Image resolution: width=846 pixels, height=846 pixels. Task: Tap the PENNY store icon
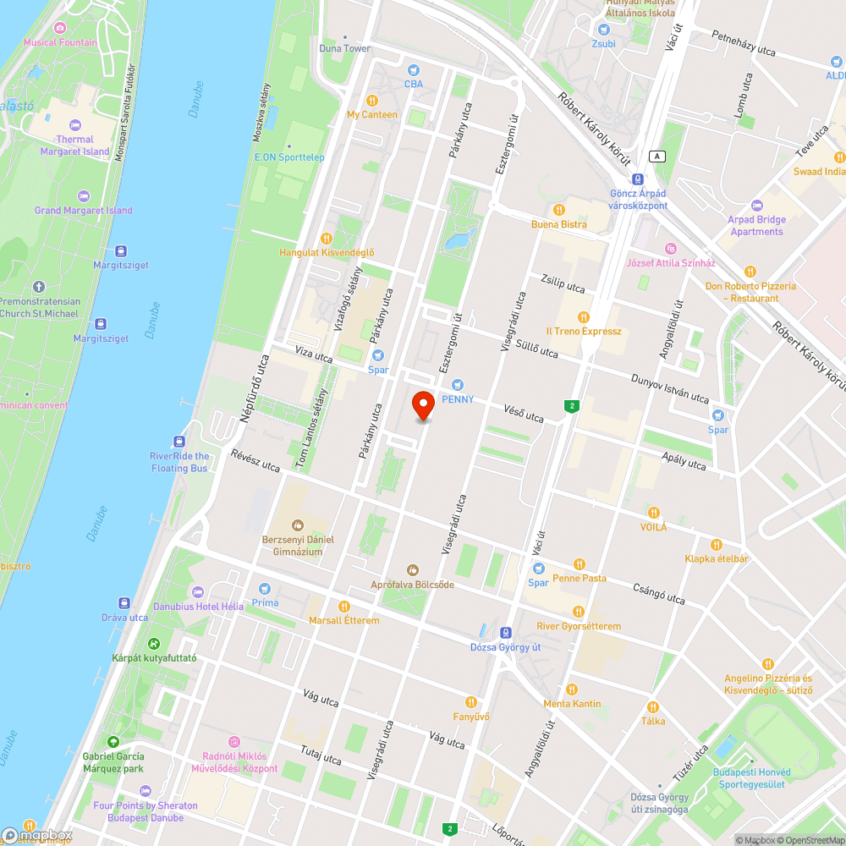click(x=458, y=385)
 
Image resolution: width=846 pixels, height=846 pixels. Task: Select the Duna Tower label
click(x=345, y=48)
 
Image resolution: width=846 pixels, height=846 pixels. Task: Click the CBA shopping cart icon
click(x=413, y=70)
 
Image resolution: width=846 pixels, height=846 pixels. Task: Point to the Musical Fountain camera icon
click(x=59, y=28)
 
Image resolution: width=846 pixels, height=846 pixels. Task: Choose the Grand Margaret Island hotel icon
click(x=83, y=196)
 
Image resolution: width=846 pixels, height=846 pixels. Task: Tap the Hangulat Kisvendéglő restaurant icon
click(x=327, y=239)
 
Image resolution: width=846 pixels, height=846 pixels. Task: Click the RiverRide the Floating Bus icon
click(x=179, y=442)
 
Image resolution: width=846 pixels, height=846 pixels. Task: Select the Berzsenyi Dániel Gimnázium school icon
click(x=297, y=525)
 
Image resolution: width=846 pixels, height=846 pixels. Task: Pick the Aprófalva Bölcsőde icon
click(x=413, y=570)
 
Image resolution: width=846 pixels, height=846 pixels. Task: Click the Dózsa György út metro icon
click(x=505, y=633)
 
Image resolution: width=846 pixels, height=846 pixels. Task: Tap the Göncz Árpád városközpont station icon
click(x=638, y=179)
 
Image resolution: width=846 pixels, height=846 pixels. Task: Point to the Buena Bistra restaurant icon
click(x=558, y=210)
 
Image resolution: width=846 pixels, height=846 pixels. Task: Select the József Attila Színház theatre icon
click(x=670, y=249)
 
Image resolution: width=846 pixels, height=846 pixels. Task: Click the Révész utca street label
click(x=255, y=461)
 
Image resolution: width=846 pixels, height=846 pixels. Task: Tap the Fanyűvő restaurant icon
click(x=471, y=702)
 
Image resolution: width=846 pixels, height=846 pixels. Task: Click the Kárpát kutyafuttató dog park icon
click(x=153, y=644)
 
